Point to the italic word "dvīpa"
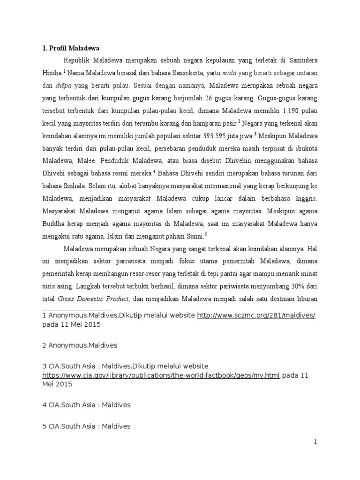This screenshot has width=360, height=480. (64, 86)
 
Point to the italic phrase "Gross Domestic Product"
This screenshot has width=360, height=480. (93, 299)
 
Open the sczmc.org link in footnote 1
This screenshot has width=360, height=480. (256, 315)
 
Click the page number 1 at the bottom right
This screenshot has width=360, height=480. (315, 442)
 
